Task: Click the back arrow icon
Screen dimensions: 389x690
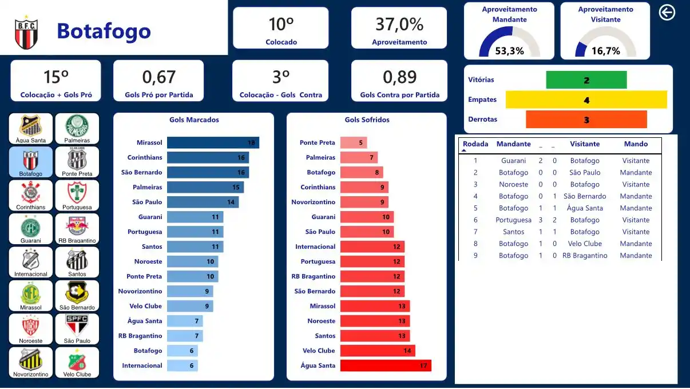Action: tap(667, 12)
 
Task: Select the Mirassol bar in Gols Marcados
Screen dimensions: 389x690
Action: tap(213, 142)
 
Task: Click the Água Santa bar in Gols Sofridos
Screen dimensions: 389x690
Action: tap(386, 366)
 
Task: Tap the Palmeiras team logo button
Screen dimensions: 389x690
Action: tap(77, 128)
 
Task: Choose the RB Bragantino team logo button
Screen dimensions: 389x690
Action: tap(77, 229)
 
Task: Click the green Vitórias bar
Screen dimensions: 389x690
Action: tap(586, 80)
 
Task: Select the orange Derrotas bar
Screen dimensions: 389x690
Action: tap(586, 120)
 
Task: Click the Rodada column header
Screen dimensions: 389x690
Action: tap(475, 144)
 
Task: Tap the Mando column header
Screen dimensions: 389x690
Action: tap(636, 144)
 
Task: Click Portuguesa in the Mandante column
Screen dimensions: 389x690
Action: tap(513, 220)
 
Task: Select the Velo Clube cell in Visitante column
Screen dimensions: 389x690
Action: tap(585, 244)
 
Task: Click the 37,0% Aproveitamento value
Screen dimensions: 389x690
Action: tap(399, 25)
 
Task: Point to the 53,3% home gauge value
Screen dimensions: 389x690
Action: tap(509, 51)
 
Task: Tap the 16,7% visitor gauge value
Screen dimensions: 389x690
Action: tap(605, 51)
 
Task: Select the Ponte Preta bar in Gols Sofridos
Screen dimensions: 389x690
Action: tap(354, 142)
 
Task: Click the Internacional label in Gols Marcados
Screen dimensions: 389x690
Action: tap(142, 366)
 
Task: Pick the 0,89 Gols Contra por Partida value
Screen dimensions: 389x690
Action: tap(399, 77)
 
